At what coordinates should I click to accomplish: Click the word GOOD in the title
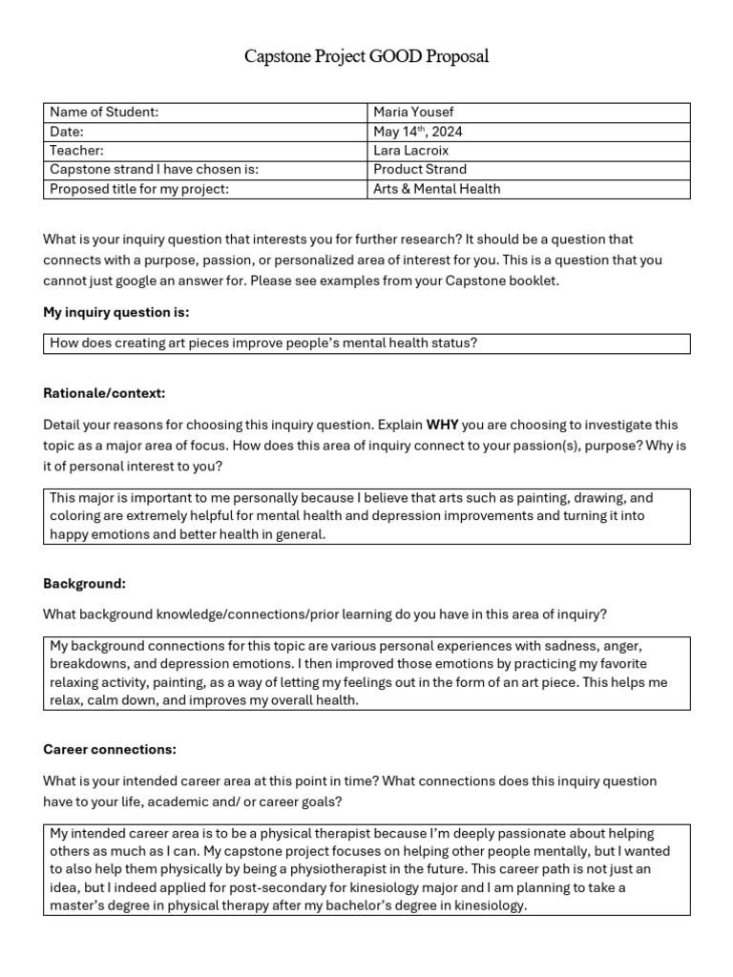[x=398, y=57]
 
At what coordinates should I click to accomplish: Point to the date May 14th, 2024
[x=417, y=132]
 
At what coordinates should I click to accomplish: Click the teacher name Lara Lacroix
[x=412, y=151]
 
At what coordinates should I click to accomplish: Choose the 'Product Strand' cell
[x=420, y=170]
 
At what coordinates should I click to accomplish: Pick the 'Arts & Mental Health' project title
[x=436, y=189]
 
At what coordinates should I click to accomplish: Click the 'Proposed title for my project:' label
[x=139, y=189]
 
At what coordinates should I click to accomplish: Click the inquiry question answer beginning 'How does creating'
[x=262, y=343]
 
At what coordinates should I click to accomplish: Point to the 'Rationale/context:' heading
[x=105, y=393]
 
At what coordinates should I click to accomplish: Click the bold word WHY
[x=443, y=425]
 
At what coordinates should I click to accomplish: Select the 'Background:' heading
[x=84, y=583]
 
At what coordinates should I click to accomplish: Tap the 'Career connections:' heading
[x=110, y=749]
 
